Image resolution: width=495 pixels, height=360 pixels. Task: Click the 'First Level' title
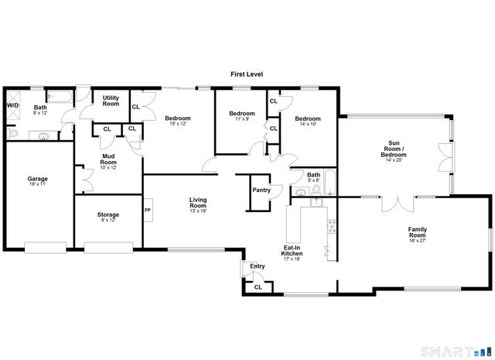click(247, 74)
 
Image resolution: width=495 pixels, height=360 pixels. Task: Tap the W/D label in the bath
click(12, 105)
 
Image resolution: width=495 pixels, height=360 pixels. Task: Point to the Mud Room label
click(108, 159)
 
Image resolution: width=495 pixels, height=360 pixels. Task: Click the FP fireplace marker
click(147, 209)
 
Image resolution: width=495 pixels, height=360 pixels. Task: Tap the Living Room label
click(199, 203)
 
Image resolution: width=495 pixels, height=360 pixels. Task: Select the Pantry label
click(261, 190)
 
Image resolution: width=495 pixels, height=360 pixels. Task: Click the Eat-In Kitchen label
click(292, 251)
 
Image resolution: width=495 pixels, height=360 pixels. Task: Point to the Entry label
click(257, 266)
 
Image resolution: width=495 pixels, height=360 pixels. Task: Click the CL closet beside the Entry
click(258, 287)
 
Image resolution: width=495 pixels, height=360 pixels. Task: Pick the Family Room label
click(422, 231)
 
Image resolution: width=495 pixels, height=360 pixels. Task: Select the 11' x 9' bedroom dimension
click(241, 119)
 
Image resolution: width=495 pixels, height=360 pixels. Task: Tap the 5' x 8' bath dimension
click(313, 180)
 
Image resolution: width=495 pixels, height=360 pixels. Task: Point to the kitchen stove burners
click(332, 226)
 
